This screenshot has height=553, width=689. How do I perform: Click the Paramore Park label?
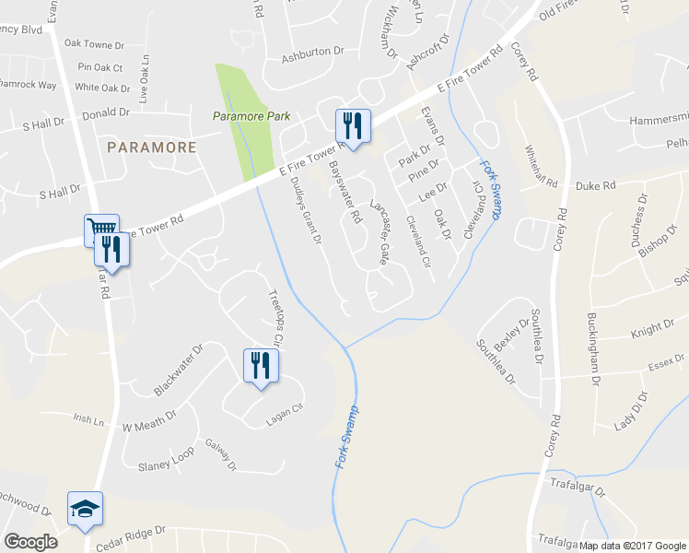pyautogui.click(x=251, y=117)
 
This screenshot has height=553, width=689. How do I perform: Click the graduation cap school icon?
pyautogui.click(x=85, y=509)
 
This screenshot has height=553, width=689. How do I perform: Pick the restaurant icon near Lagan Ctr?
pyautogui.click(x=260, y=365)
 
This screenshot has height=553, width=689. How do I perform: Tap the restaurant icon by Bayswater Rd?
pyautogui.click(x=352, y=124)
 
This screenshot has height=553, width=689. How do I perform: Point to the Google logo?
pyautogui.click(x=30, y=541)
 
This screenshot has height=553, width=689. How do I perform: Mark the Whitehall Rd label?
pyautogui.click(x=542, y=167)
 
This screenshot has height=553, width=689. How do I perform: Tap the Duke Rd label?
pyautogui.click(x=596, y=186)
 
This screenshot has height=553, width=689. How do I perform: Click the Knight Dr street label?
pyautogui.click(x=652, y=328)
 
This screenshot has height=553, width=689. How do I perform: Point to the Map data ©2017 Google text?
pyautogui.click(x=633, y=545)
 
